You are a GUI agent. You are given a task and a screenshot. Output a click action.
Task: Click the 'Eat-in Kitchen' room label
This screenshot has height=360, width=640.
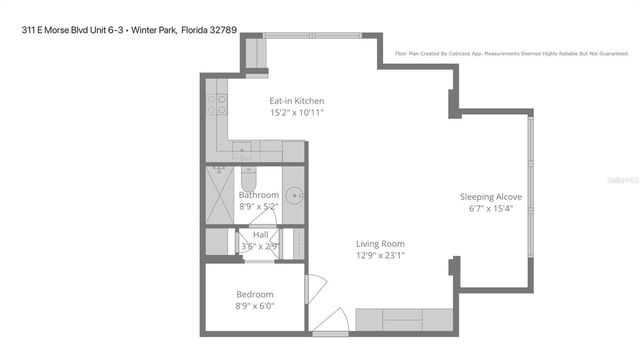296,101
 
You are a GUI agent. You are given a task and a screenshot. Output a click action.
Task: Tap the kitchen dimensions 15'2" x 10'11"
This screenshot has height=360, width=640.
296,113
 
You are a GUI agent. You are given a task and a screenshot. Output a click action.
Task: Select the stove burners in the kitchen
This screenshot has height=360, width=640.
218,103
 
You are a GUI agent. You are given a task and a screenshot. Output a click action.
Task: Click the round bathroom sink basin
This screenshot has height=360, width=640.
294,195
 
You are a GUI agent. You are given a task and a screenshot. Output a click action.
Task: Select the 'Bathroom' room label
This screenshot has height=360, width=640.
258,195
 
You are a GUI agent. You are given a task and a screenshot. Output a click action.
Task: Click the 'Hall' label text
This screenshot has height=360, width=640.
260,235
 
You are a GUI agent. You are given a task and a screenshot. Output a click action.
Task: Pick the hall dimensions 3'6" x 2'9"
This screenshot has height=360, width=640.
259,246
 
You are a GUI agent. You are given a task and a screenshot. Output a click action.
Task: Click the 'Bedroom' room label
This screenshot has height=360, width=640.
254,294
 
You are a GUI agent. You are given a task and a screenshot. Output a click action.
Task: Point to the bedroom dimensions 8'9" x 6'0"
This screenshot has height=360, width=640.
254,306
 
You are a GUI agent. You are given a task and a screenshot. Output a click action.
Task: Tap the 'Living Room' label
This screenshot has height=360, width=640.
380,243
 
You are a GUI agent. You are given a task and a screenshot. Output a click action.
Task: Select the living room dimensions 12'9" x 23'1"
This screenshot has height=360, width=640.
380,255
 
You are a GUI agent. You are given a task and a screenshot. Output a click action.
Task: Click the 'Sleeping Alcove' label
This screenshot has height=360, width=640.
490,196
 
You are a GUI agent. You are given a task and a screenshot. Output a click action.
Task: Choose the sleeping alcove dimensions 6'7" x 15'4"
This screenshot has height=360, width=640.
490,208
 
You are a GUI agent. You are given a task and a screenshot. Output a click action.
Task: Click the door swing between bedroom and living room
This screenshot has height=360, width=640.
313,288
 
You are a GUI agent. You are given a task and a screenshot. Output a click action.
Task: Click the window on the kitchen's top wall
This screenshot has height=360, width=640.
320,38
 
